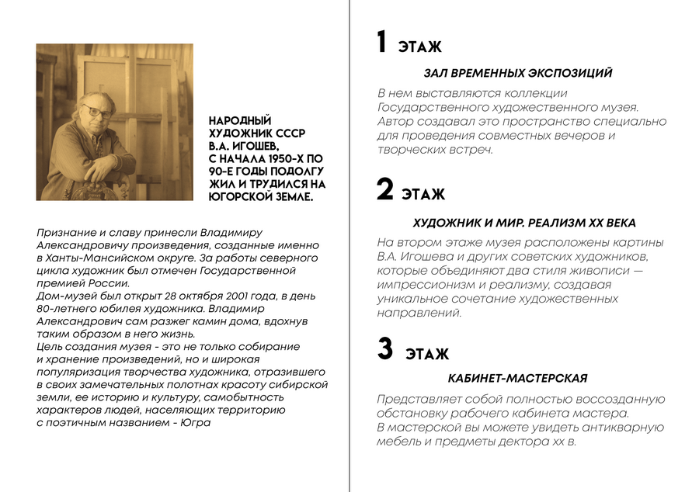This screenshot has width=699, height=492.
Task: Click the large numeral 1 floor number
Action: [381, 43]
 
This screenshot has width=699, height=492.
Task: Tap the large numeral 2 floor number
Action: [385, 189]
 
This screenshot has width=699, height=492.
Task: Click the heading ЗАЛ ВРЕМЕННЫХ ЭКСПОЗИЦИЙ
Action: [518, 73]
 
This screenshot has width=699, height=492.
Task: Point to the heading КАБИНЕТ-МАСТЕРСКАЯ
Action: [517, 379]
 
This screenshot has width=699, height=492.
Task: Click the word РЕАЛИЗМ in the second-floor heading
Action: [550, 223]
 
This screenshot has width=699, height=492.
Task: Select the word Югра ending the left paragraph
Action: [196, 423]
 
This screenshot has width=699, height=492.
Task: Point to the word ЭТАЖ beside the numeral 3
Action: [426, 355]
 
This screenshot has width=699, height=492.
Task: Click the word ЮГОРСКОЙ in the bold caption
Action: [237, 197]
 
